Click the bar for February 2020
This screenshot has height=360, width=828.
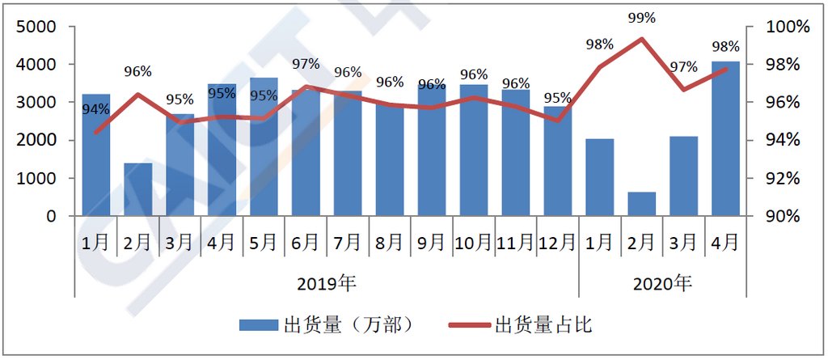pos(641,204)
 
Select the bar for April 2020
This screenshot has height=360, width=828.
pos(725,138)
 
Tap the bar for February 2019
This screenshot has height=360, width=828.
pos(138,189)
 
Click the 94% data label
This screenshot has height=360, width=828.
pos(96,109)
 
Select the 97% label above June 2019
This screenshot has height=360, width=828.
pos(306,64)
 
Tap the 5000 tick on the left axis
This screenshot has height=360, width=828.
pos(36,27)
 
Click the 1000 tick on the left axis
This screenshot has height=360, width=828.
pos(36,179)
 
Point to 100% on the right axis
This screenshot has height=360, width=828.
pos(788,27)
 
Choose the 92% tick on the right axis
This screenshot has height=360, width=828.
pos(784,179)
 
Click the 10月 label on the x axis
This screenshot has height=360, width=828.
pos(474,241)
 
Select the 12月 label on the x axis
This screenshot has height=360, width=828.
pos(557,241)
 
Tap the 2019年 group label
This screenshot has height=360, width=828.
pos(327,284)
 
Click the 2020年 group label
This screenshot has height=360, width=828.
pos(662,284)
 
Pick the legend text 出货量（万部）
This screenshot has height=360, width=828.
pos(349,325)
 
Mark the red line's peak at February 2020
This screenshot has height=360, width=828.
pos(641,39)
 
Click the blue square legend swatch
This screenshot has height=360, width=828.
pos(258,325)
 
